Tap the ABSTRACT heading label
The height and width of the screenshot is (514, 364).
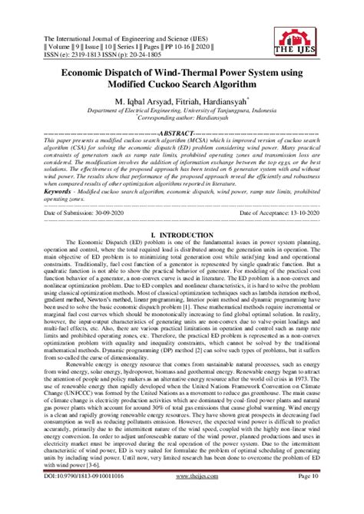pos(181,133)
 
